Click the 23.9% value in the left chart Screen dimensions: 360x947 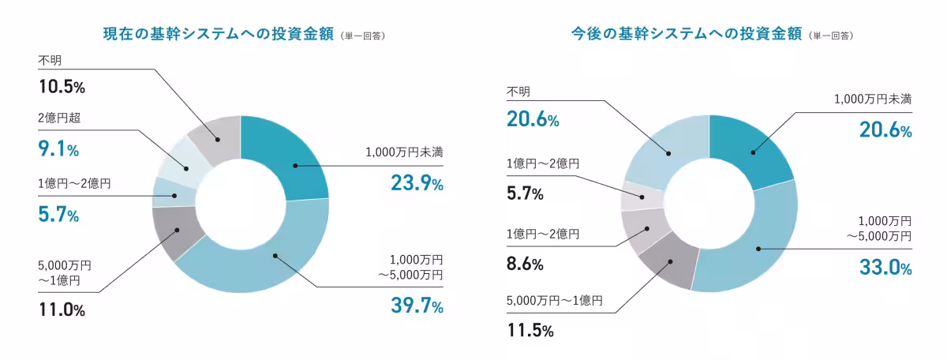tap(416, 183)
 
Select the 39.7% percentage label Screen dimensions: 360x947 tap(416, 306)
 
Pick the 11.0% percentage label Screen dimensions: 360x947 tap(62, 310)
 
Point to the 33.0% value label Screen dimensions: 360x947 tap(885, 268)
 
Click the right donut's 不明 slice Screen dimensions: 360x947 tap(667, 154)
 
